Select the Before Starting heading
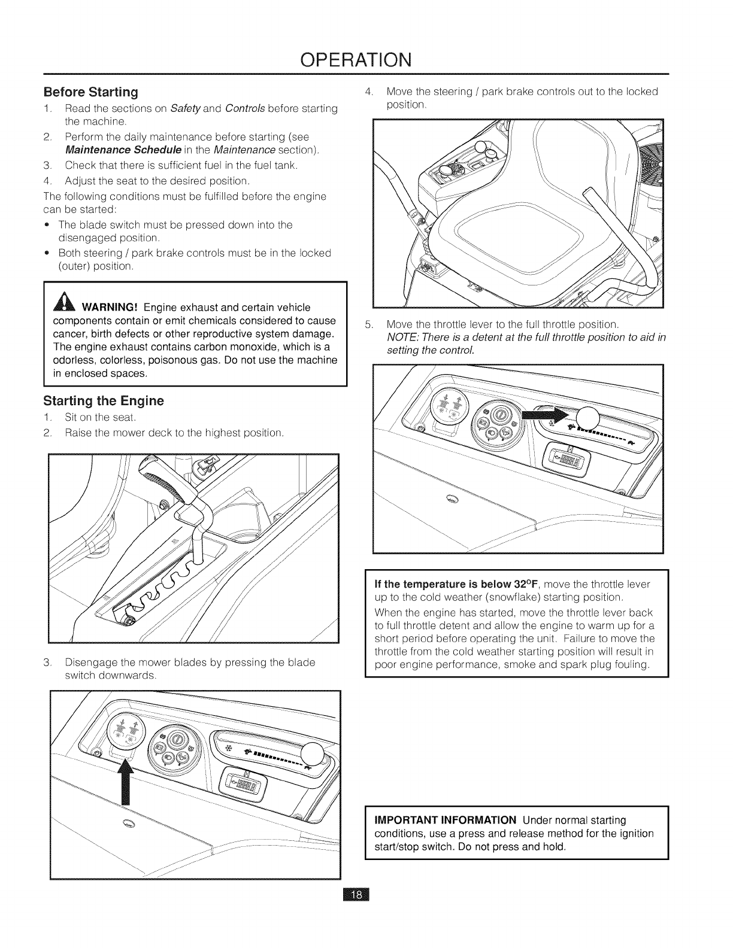(90, 92)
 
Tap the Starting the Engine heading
(103, 400)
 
